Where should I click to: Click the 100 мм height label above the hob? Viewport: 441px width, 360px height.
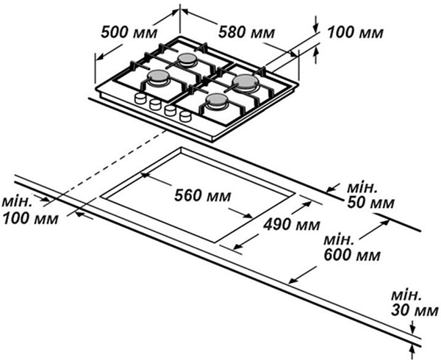tap(355, 34)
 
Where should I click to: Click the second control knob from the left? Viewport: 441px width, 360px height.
tap(154, 105)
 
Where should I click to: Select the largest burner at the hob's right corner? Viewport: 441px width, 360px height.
tap(245, 79)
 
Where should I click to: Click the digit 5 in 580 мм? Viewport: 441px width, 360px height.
tap(223, 34)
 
